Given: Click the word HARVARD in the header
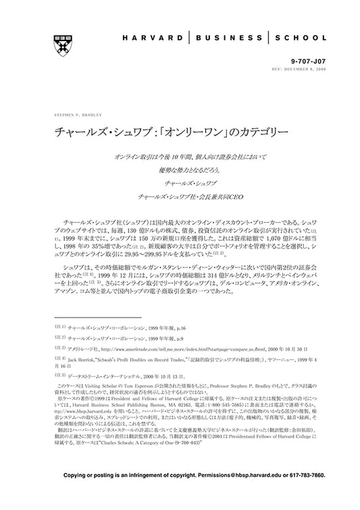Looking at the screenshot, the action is pyautogui.click(x=155, y=38).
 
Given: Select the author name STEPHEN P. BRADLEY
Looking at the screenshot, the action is pyautogui.click(x=72, y=115).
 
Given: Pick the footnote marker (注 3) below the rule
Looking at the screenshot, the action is pyautogui.click(x=59, y=349).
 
